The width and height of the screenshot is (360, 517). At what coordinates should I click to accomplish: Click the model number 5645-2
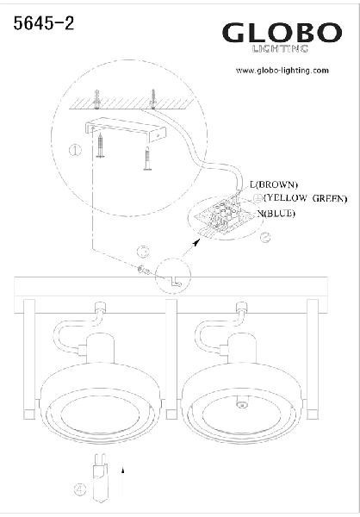click(44, 24)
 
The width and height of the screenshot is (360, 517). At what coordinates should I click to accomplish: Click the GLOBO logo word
click(282, 33)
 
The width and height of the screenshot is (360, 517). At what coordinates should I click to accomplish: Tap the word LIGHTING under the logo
click(280, 49)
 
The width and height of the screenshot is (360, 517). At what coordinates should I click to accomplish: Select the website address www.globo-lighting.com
click(282, 71)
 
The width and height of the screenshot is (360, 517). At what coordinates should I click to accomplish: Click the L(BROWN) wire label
click(274, 185)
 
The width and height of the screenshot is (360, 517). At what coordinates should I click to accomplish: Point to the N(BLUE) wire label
click(276, 214)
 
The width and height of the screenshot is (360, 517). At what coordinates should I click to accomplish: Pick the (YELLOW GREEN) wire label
click(306, 198)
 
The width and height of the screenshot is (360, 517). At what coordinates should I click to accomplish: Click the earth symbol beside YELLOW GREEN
click(258, 198)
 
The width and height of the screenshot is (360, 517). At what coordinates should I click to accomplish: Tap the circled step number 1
click(75, 150)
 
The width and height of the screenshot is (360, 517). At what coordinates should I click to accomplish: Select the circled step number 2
click(265, 238)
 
